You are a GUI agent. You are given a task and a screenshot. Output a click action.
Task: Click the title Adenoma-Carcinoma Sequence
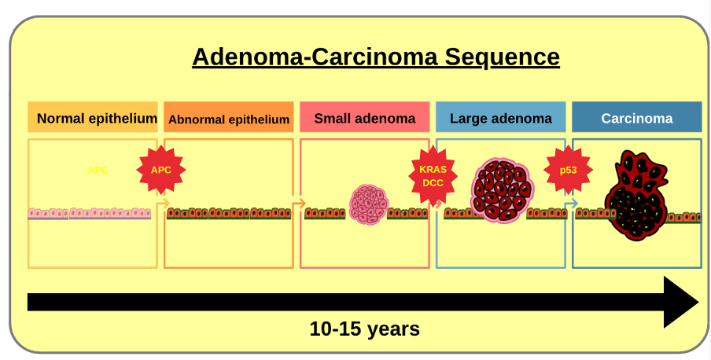click(376, 57)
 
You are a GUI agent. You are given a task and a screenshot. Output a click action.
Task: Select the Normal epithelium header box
click(93, 117)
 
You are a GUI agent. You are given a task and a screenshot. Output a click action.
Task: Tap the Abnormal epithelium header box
click(229, 117)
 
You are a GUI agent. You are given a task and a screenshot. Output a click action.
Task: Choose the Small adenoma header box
click(365, 117)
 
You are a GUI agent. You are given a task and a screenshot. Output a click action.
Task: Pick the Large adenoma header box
click(500, 117)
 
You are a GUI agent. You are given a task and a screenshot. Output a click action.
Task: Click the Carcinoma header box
click(636, 117)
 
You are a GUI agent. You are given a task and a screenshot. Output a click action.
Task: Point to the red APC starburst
click(161, 170)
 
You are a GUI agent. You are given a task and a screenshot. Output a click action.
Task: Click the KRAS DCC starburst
click(433, 175)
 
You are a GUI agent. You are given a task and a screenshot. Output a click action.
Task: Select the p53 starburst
click(568, 170)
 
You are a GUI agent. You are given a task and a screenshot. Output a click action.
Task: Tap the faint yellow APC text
click(98, 171)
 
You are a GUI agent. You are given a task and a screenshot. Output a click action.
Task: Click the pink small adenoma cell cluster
click(369, 204)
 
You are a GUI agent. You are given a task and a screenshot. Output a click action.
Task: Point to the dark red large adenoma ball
click(503, 190)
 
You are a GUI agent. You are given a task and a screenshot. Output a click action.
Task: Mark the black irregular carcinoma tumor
click(636, 196)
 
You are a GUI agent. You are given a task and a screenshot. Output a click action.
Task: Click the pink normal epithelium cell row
click(90, 214)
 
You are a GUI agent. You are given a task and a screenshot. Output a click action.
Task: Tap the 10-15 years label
click(365, 329)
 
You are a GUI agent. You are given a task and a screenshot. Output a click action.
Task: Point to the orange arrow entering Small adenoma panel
click(298, 204)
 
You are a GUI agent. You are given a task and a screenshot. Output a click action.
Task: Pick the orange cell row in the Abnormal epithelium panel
click(229, 214)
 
